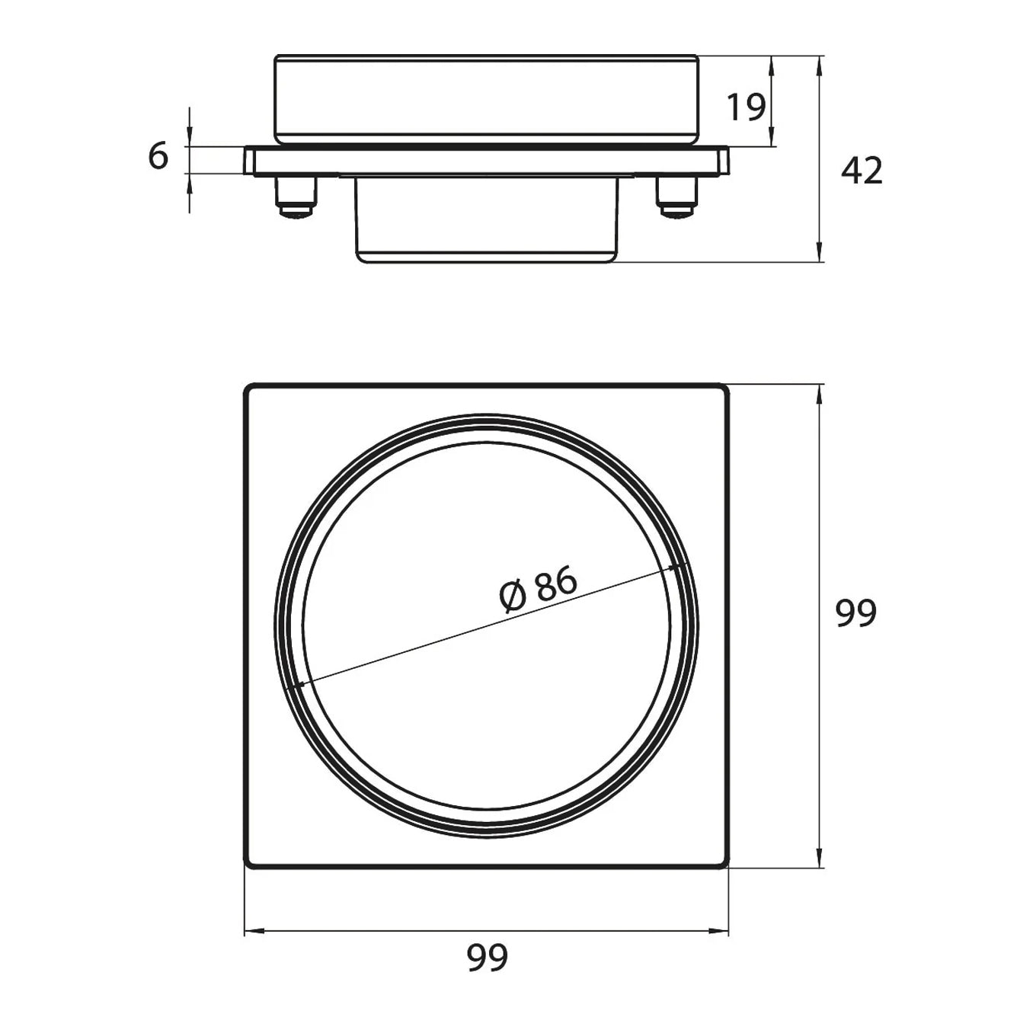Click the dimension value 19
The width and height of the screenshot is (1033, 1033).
[x=746, y=107]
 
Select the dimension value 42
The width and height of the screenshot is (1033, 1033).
[x=862, y=171]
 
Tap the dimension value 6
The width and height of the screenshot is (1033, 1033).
[x=158, y=156]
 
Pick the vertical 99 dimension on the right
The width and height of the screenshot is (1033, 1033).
[x=856, y=612]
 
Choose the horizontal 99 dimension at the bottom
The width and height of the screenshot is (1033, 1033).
[x=487, y=958]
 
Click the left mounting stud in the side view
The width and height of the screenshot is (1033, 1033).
[x=296, y=197]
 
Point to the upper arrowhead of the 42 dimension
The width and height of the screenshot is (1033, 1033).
[x=819, y=66]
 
